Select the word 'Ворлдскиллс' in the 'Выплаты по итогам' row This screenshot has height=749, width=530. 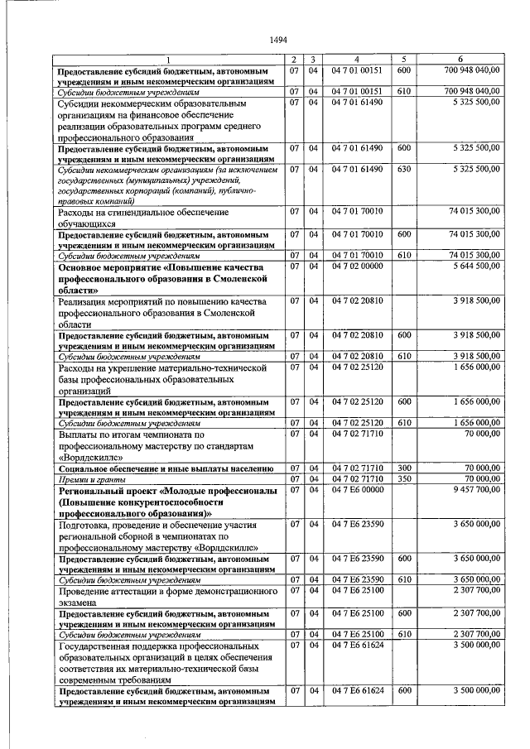(x=90, y=456)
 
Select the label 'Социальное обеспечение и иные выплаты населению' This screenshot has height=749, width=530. (x=166, y=468)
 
